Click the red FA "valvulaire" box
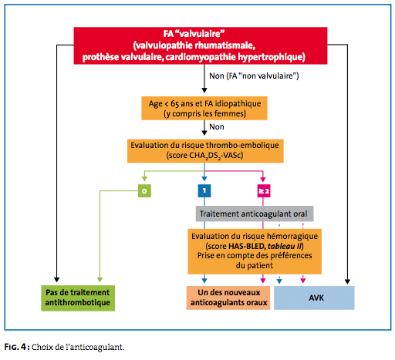[201, 45]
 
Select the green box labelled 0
[144, 191]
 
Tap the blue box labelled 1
[204, 190]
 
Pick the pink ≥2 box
[264, 191]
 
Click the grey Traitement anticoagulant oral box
[255, 214]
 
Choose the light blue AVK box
[314, 298]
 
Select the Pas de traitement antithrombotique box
[78, 298]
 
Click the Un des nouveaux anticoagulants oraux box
[228, 298]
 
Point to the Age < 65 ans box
[204, 108]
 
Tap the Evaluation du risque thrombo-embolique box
[205, 151]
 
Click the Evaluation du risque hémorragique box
[255, 251]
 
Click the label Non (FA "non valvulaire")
[254, 76]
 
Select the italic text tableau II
[285, 246]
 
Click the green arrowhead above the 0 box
[144, 179]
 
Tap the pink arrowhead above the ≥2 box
[263, 179]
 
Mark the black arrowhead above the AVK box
[347, 281]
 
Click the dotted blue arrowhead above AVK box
[279, 281]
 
